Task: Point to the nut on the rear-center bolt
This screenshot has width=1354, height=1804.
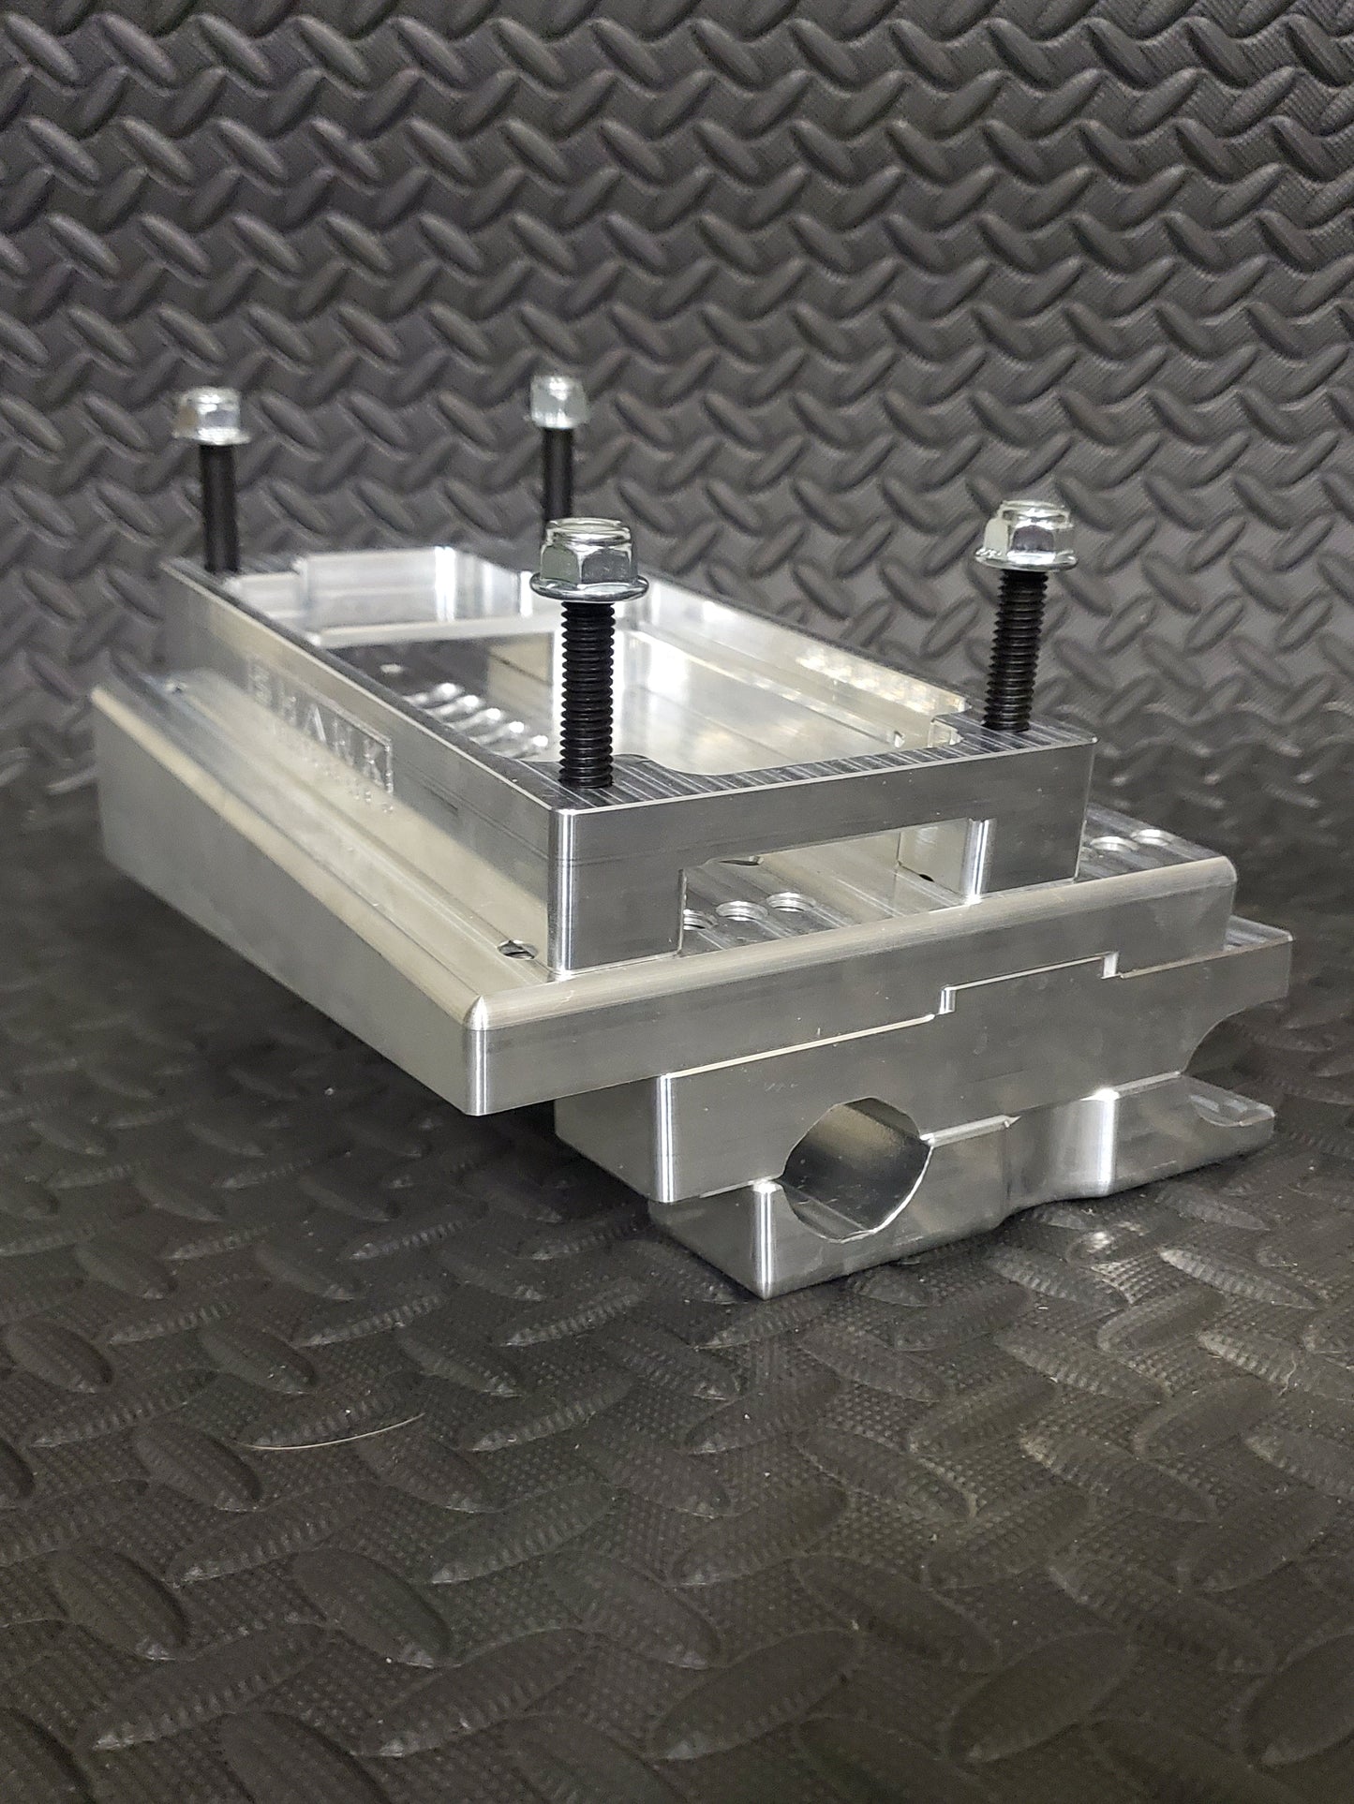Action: coord(552,400)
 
